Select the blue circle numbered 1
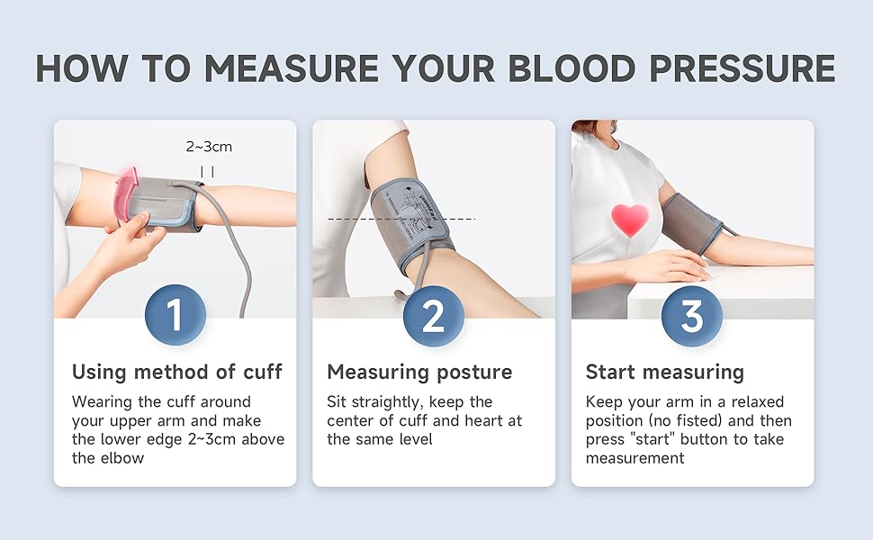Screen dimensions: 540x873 [175, 315]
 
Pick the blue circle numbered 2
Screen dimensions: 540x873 [434, 315]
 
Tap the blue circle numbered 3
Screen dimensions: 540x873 [692, 315]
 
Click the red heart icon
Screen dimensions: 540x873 [630, 220]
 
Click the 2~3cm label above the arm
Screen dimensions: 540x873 [209, 146]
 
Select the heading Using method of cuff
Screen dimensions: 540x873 [176, 372]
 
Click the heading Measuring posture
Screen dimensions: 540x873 [419, 372]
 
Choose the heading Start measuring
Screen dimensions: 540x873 [664, 372]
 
